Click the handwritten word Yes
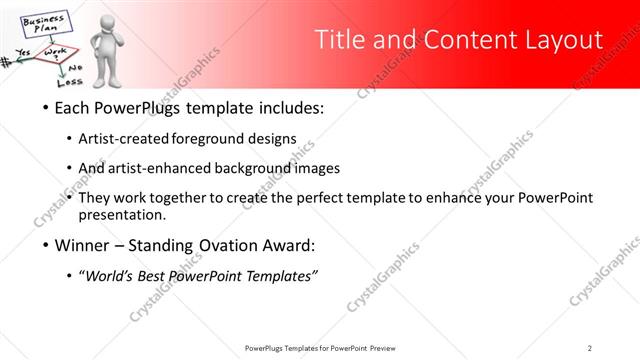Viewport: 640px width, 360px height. point(22,52)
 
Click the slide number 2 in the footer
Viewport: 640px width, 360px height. point(591,348)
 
